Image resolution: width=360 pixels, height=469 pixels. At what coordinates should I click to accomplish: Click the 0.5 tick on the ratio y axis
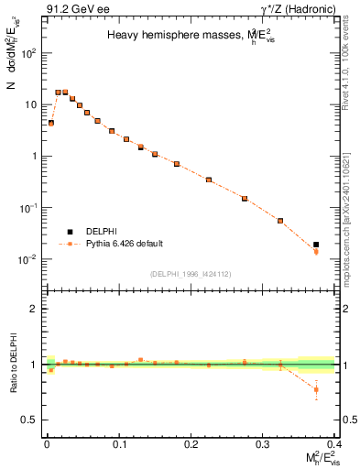29,420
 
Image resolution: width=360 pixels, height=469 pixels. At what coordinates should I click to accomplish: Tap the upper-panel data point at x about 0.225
209,180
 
